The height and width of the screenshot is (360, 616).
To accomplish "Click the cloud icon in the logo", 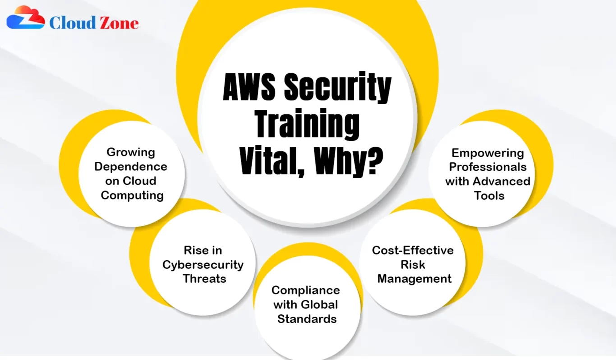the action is tap(26, 17).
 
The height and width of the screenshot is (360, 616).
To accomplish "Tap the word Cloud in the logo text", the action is tap(73, 23).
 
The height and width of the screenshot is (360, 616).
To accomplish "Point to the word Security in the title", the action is tap(338, 88).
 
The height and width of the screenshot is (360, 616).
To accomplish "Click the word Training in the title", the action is tap(307, 124).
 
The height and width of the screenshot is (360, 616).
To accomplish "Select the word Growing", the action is tap(131, 152).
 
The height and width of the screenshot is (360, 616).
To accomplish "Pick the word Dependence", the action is tap(131, 166).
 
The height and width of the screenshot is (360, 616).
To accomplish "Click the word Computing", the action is tap(132, 196).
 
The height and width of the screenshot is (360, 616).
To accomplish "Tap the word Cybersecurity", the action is tap(203, 265).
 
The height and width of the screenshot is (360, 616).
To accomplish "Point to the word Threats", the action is tap(204, 279).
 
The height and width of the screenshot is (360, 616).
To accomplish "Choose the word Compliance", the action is tap(306, 291).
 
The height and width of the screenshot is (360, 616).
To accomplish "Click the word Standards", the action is tap(307, 319).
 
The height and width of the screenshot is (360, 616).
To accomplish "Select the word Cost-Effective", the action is tap(413, 250).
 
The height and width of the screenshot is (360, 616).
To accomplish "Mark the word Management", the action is tap(414, 279).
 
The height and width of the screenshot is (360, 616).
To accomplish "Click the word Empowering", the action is tap(487, 153).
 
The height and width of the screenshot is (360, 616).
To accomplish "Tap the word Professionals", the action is tap(487, 167).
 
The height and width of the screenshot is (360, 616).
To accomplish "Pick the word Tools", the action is tap(489, 196).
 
